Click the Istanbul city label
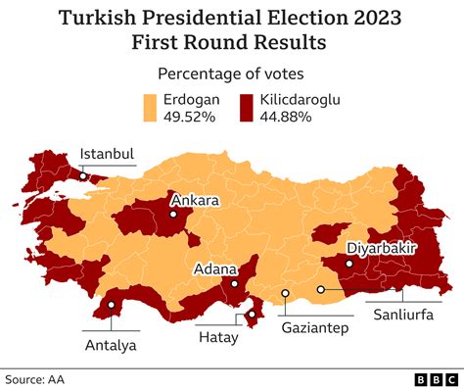tap(107, 154)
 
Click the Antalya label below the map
tap(111, 345)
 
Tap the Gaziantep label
tap(315, 328)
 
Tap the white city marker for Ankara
tap(172, 214)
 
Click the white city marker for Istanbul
tap(83, 177)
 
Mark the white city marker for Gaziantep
tap(285, 292)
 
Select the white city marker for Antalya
tap(112, 305)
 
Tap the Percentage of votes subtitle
tap(231, 73)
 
